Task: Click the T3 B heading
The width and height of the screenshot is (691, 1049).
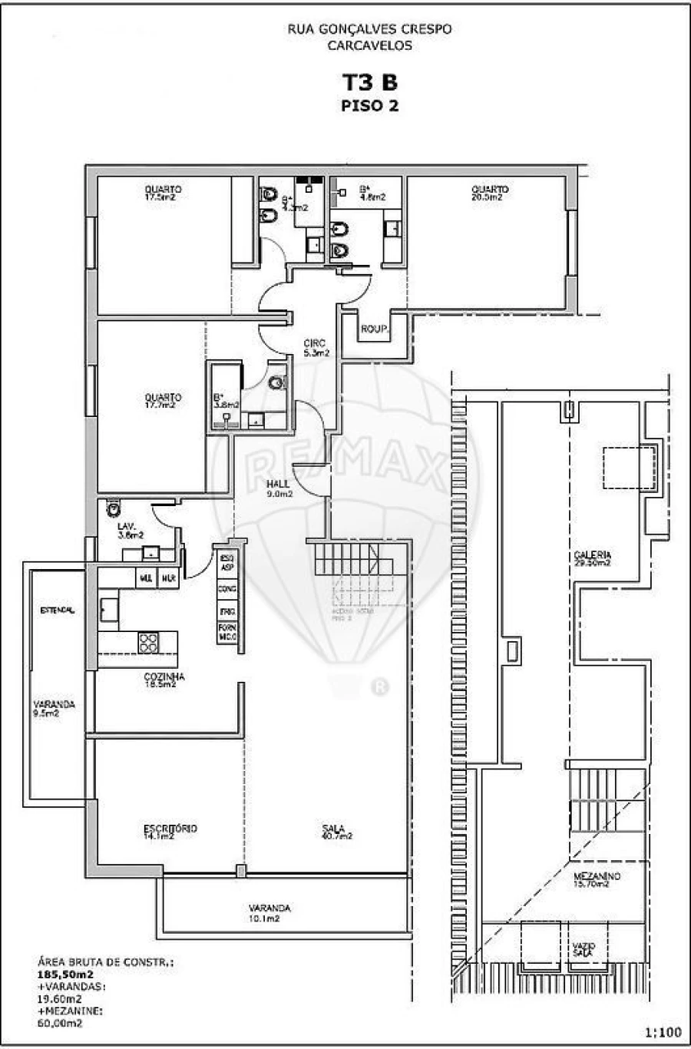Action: pyautogui.click(x=369, y=83)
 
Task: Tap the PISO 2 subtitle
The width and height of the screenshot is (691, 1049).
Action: pyautogui.click(x=369, y=106)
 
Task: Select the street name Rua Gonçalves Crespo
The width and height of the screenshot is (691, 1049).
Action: pyautogui.click(x=369, y=29)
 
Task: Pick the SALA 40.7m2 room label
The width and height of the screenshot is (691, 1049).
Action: pyautogui.click(x=336, y=832)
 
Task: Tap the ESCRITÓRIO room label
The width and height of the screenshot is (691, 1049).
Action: pyautogui.click(x=170, y=832)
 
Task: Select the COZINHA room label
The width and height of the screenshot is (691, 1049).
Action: pyautogui.click(x=164, y=680)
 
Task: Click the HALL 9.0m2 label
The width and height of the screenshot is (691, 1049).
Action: pyautogui.click(x=279, y=489)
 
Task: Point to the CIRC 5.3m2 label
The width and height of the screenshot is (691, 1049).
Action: pyautogui.click(x=315, y=348)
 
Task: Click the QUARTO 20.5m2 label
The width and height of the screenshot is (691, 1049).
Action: pyautogui.click(x=489, y=193)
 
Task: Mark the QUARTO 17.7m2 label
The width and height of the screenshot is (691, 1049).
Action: pyautogui.click(x=163, y=401)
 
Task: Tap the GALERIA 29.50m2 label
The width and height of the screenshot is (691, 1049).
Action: pyautogui.click(x=592, y=558)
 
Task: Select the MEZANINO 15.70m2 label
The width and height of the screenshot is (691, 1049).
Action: pyautogui.click(x=597, y=880)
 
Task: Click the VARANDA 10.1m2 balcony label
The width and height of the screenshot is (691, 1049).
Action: pyautogui.click(x=269, y=912)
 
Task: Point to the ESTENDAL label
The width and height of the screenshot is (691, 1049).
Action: pyautogui.click(x=58, y=611)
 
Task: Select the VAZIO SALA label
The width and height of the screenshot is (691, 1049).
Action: pyautogui.click(x=582, y=948)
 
